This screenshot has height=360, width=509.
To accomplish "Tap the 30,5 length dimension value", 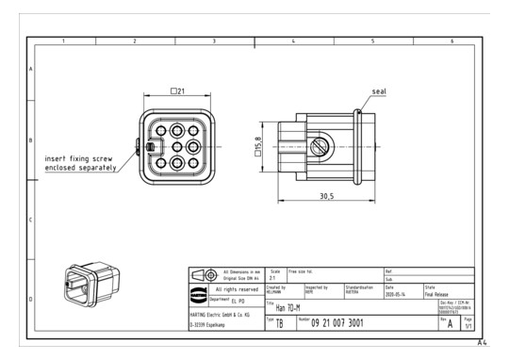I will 326,196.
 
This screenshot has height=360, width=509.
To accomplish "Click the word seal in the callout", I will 380,91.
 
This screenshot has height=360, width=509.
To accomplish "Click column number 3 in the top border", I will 214,41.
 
